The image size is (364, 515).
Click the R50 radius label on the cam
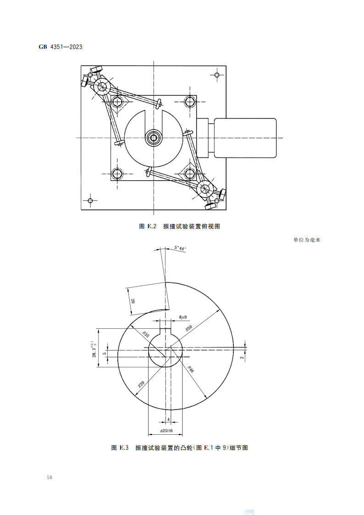pyautogui.click(x=188, y=329)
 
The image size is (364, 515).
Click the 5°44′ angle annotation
pyautogui.click(x=180, y=248)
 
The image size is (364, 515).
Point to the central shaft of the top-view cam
pyautogui.click(x=153, y=137)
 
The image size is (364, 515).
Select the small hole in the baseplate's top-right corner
pyautogui.click(x=217, y=74)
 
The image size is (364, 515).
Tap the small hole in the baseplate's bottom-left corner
pyautogui.click(x=90, y=200)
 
